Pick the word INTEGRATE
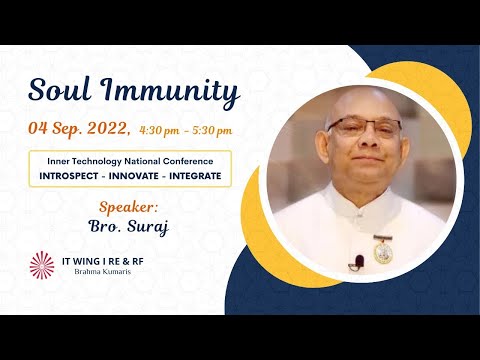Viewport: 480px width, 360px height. click(x=195, y=175)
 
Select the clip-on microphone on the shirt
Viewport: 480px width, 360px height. click(x=358, y=262)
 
